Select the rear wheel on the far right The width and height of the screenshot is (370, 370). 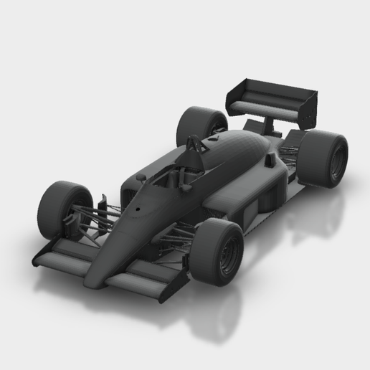click(x=322, y=158)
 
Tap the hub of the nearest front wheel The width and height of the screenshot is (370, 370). click(x=229, y=254)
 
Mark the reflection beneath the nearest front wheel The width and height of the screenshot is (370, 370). click(x=215, y=316)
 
